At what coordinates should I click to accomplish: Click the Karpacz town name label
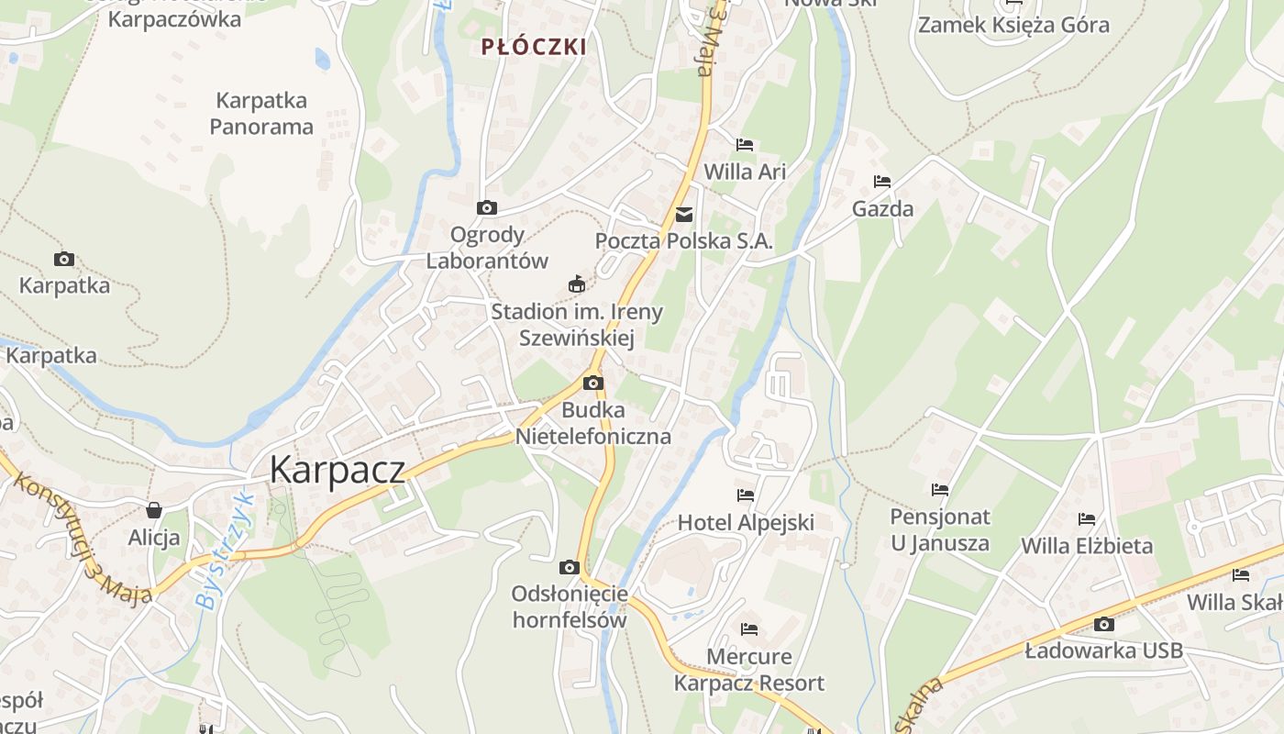coord(337,470)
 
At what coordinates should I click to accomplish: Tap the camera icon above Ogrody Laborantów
coord(487,208)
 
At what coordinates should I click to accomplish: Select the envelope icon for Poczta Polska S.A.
coord(684,215)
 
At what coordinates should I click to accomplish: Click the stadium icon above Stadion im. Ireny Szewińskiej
coord(577,284)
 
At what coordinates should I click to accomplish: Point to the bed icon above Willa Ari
coord(745,145)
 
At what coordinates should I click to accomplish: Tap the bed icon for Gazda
coord(882,182)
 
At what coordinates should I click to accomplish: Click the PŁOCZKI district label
coord(534,47)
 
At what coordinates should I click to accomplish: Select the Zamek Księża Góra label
coord(1013,25)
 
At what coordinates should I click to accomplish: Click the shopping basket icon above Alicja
coord(154,510)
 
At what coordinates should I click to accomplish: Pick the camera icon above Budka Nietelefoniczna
coord(593,383)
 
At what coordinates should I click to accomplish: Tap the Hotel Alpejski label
coord(746,523)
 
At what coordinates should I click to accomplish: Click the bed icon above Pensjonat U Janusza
coord(940,490)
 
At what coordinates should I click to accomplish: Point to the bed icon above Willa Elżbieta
coord(1087,519)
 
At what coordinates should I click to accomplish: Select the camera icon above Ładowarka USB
coord(1104,625)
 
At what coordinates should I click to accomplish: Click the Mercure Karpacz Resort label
coord(749,670)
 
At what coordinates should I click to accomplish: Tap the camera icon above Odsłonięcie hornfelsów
coord(570,567)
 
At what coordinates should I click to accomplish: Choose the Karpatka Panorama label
coord(261,113)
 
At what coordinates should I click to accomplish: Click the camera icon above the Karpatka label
coord(64,259)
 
